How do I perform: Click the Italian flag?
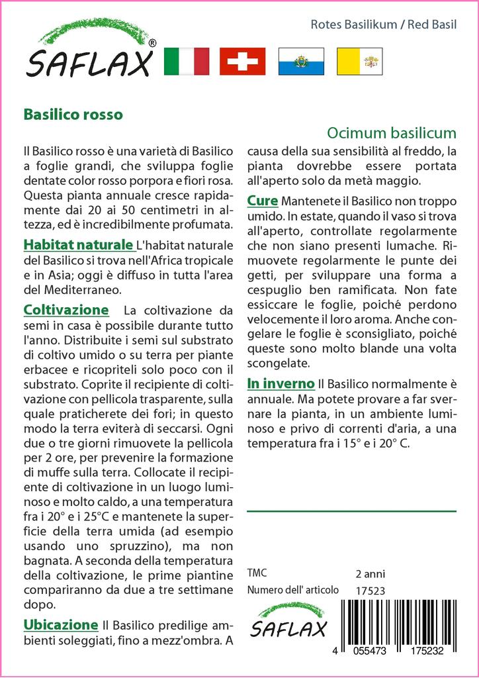(x=186, y=62)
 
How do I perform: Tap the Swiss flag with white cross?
(x=242, y=62)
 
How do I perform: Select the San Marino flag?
(x=301, y=62)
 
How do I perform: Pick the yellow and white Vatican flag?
(x=359, y=62)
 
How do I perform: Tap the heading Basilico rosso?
(x=73, y=114)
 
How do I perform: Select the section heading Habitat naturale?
(x=77, y=245)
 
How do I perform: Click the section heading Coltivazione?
(x=65, y=309)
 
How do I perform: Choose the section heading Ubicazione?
(x=61, y=624)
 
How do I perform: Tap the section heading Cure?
(x=262, y=200)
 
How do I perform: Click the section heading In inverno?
(x=281, y=383)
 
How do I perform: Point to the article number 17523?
(x=370, y=590)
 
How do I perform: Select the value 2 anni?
(x=370, y=573)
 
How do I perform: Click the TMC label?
(x=257, y=573)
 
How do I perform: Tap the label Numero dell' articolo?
(x=292, y=590)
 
